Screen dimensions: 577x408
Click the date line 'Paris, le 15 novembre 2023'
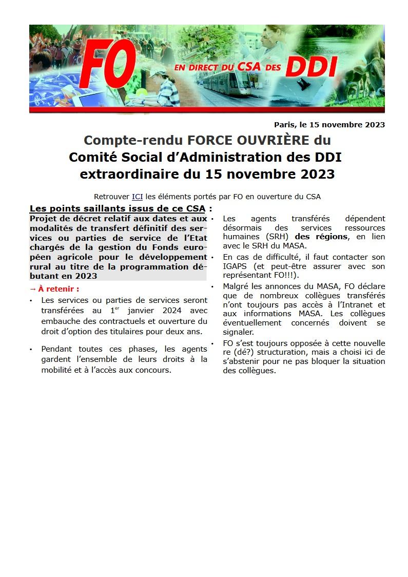pos(329,124)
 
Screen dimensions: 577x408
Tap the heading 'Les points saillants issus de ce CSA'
pos(118,208)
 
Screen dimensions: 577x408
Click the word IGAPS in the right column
pos(235,266)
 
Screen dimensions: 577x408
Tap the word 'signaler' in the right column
pos(238,332)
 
